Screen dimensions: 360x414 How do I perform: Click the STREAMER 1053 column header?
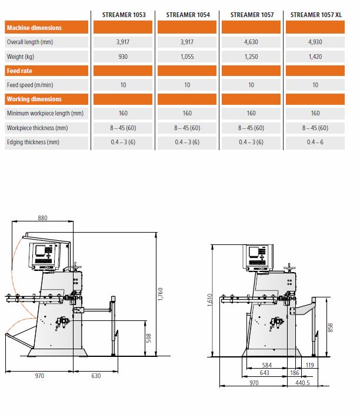(124, 15)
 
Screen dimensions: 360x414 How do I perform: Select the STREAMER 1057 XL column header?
(316, 15)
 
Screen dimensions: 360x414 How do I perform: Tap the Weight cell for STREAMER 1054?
(187, 57)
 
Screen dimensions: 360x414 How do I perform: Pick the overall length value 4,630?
(251, 42)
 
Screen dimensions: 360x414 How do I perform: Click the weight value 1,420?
(315, 57)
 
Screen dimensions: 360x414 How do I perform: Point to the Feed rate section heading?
(19, 71)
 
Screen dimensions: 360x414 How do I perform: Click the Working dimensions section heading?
(34, 99)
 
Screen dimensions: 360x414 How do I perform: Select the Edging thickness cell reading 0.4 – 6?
(315, 142)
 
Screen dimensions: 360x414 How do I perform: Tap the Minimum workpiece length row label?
(45, 113)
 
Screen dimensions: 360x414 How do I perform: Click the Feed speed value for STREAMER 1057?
(251, 85)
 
